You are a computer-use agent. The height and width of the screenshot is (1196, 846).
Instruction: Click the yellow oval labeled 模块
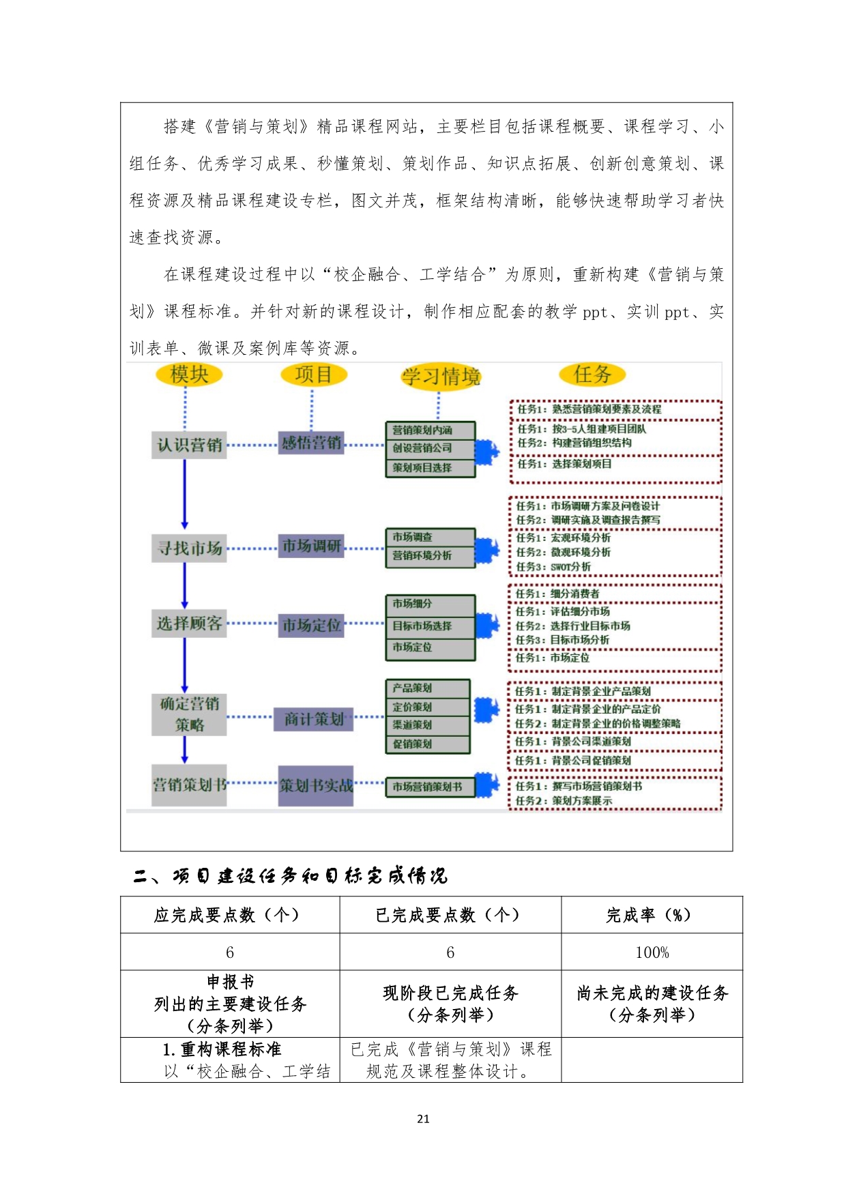click(x=189, y=375)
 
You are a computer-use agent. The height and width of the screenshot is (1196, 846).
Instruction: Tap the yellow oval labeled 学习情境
click(x=441, y=377)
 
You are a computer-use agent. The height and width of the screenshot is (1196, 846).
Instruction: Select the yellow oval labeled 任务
click(x=592, y=374)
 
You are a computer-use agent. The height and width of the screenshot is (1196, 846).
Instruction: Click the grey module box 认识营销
click(x=189, y=445)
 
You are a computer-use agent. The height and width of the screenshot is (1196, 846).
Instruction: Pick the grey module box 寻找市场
click(x=189, y=548)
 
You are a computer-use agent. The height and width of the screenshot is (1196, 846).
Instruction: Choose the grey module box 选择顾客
click(x=189, y=624)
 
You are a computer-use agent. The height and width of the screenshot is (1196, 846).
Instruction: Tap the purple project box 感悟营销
click(x=311, y=443)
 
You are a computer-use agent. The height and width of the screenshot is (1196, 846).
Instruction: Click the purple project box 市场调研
click(x=311, y=546)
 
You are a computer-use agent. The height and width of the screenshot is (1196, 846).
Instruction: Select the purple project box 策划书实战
click(x=316, y=786)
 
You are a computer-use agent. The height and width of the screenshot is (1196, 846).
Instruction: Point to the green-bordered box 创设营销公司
click(x=430, y=448)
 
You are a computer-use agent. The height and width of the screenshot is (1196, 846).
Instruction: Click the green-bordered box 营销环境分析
click(x=430, y=556)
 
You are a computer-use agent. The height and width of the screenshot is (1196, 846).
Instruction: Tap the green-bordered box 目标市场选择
click(x=430, y=626)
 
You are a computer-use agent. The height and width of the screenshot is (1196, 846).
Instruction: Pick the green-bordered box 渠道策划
click(x=428, y=725)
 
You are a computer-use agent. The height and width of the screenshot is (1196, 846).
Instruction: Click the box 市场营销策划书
click(x=430, y=787)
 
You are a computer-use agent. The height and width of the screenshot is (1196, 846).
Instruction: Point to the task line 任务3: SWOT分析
click(x=553, y=567)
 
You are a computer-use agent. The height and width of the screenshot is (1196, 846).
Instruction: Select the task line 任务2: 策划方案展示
click(x=564, y=800)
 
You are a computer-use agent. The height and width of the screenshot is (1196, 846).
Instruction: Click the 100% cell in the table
click(x=652, y=952)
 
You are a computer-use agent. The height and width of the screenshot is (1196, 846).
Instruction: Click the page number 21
click(x=423, y=1118)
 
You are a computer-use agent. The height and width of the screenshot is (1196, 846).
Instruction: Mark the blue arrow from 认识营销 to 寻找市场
click(x=185, y=494)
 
